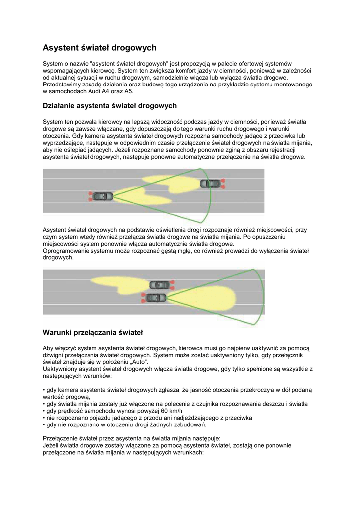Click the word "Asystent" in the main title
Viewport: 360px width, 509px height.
(61, 48)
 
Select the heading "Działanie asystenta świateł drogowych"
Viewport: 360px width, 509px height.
(109, 106)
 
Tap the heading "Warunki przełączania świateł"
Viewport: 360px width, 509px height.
(92, 332)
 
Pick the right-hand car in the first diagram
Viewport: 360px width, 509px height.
(211, 183)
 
